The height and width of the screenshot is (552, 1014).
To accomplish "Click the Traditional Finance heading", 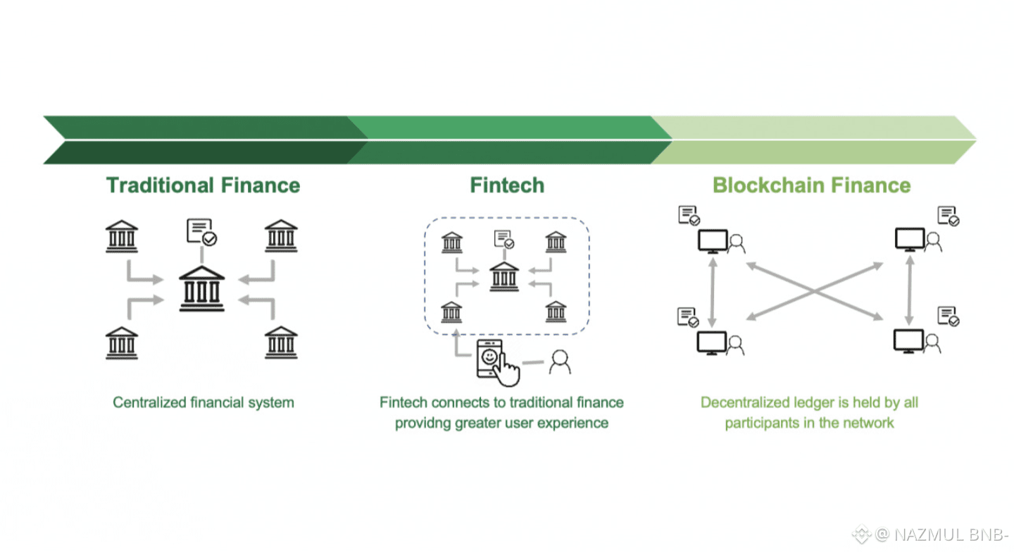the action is [x=204, y=185].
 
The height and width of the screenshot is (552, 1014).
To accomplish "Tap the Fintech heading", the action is [x=507, y=185].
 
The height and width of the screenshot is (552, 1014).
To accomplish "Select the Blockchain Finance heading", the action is [x=812, y=185].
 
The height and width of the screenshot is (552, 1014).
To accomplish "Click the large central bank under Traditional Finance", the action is [x=202, y=289].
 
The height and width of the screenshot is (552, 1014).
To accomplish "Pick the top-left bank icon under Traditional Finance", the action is [x=122, y=236].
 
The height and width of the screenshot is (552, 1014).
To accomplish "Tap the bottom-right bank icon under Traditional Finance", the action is [x=281, y=343].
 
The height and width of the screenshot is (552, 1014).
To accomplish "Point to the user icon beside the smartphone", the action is [x=560, y=362].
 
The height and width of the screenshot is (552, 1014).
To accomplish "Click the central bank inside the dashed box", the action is [x=504, y=276].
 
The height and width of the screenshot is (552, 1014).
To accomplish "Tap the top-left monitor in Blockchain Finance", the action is [x=713, y=241].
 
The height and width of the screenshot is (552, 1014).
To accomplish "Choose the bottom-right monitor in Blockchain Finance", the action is [x=908, y=341].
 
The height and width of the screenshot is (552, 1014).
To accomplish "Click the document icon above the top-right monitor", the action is [x=949, y=216].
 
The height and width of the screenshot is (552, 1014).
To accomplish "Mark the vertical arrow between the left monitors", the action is [x=713, y=292].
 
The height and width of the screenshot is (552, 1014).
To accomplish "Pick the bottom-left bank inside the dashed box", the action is [x=451, y=312].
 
